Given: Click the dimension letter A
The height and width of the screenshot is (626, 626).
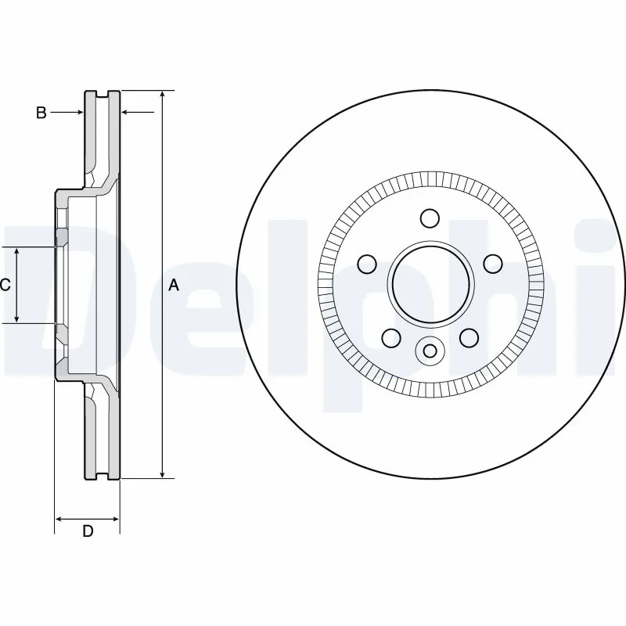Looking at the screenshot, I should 174,286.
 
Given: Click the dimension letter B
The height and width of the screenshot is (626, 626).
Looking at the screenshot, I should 41,113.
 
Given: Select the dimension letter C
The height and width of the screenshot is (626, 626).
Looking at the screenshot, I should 5,285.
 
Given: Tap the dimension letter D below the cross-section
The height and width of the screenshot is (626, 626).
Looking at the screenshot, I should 88,531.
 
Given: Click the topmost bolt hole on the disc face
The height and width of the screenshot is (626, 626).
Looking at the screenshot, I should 430,217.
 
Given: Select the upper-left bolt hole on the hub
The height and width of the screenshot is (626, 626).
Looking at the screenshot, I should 366,263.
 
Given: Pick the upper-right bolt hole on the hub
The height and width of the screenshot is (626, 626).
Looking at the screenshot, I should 493,263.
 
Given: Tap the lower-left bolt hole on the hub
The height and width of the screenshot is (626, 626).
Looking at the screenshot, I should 390,337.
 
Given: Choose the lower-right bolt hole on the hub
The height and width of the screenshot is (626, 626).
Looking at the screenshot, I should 469,337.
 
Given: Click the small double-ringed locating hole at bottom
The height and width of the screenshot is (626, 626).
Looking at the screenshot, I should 430,351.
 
